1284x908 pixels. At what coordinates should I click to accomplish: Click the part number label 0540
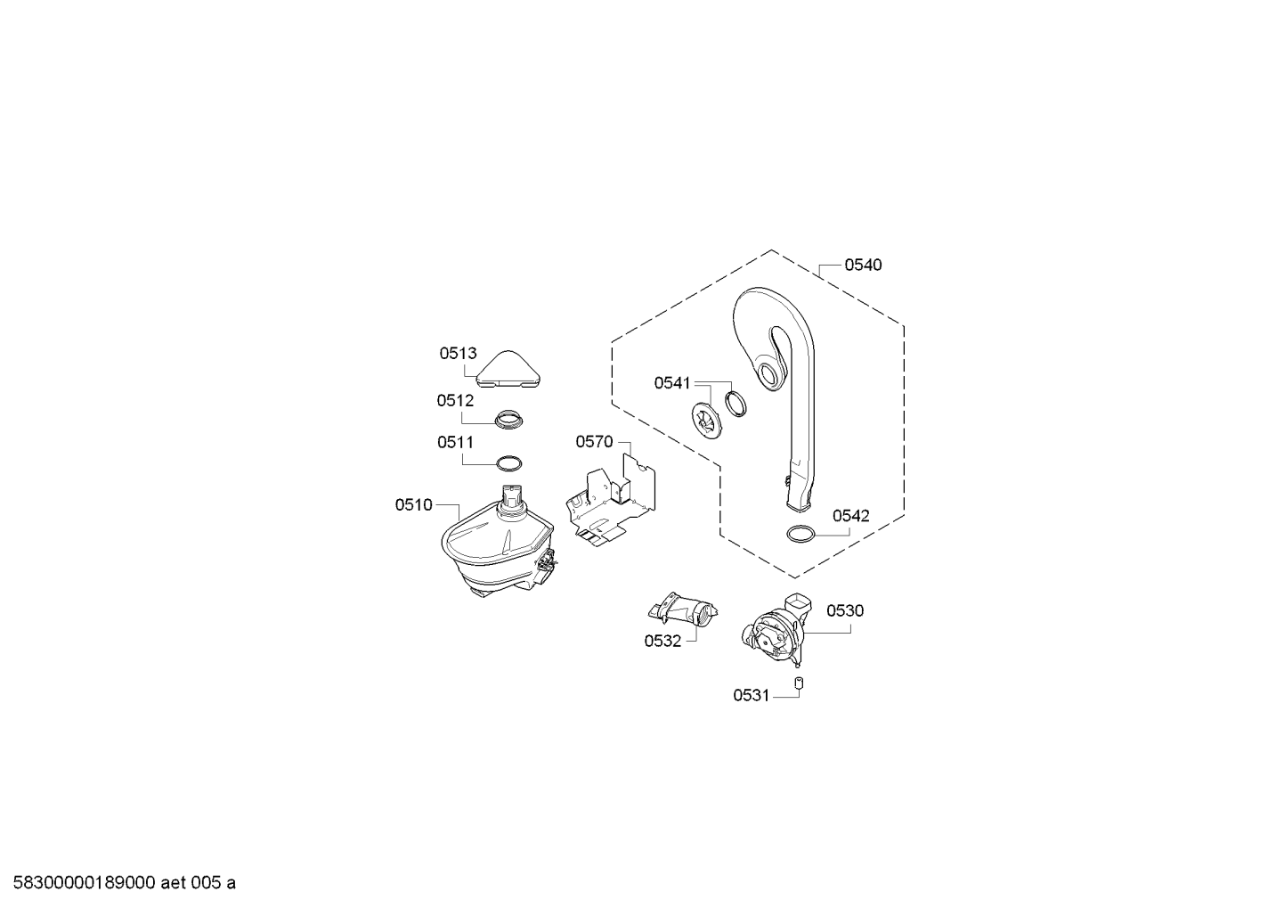point(863,265)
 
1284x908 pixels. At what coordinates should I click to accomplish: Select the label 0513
point(458,354)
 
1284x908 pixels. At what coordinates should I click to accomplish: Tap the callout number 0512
point(455,400)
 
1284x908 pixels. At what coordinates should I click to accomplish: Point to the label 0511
point(455,442)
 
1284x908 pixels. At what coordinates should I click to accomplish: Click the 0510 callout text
point(413,504)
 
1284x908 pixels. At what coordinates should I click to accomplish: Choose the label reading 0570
point(595,442)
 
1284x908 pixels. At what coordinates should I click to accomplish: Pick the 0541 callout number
point(672,382)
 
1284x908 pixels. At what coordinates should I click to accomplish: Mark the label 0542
point(851,516)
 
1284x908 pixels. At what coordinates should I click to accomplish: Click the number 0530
point(845,611)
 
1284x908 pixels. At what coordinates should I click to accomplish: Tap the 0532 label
point(662,642)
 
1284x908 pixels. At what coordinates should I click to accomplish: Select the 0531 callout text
point(752,696)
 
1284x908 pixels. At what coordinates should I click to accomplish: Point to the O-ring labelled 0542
point(800,534)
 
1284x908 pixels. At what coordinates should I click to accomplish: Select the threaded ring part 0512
point(509,420)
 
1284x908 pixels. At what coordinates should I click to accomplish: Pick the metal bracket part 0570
point(611,499)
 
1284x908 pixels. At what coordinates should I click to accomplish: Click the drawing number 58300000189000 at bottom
point(85,883)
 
